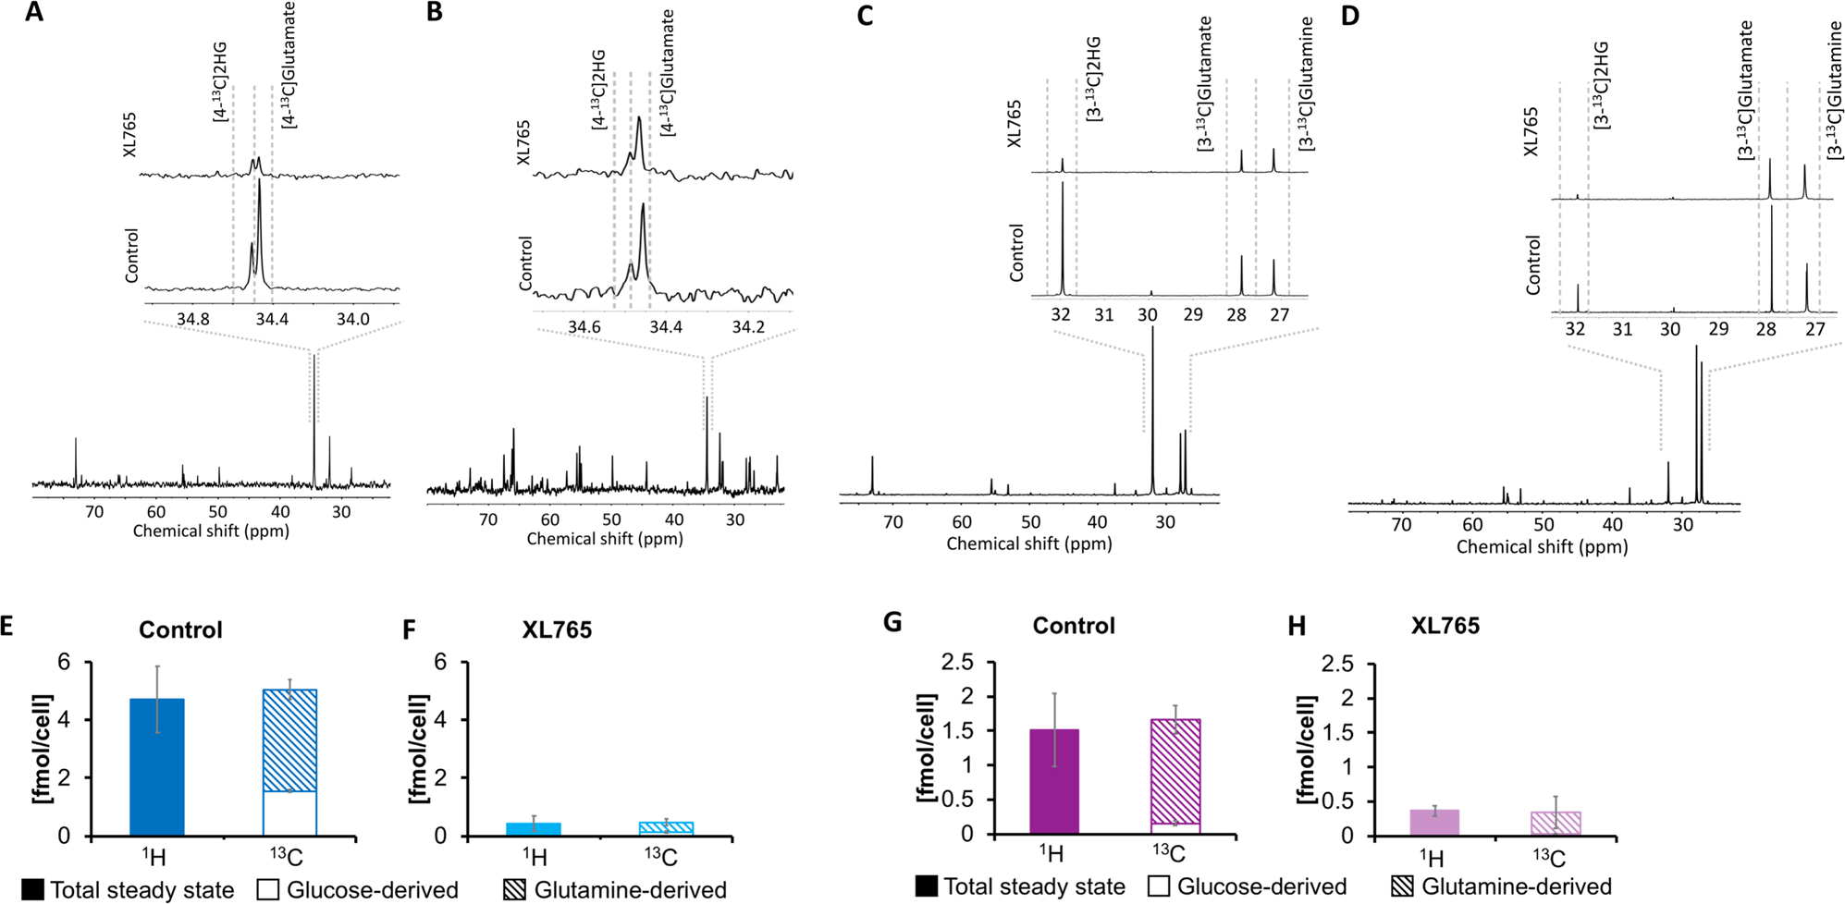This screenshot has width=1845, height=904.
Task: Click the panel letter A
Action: tap(33, 14)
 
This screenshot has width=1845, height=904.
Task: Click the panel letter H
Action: tap(1297, 627)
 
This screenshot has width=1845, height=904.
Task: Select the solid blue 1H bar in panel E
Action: tap(157, 767)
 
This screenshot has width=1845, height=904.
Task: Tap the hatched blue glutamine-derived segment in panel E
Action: tap(289, 740)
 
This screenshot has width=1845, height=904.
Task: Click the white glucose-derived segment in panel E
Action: tap(289, 813)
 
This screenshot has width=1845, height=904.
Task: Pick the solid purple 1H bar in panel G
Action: tap(1054, 782)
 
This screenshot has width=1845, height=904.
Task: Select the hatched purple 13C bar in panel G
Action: tap(1175, 771)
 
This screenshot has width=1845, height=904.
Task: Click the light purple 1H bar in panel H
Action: tap(1434, 823)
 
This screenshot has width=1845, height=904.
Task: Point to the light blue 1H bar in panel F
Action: tap(534, 829)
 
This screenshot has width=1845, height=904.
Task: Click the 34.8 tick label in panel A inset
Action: tap(192, 320)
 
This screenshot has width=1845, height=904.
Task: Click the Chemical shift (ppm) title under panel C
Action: tap(1028, 544)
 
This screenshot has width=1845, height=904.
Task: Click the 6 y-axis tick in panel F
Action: tap(440, 662)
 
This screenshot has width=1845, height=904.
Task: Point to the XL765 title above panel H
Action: tap(1445, 626)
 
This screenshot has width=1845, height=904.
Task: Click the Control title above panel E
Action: tap(180, 630)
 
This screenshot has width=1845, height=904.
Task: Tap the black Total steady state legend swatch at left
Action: tap(32, 890)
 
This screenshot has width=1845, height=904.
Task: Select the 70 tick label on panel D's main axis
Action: tap(1401, 524)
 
